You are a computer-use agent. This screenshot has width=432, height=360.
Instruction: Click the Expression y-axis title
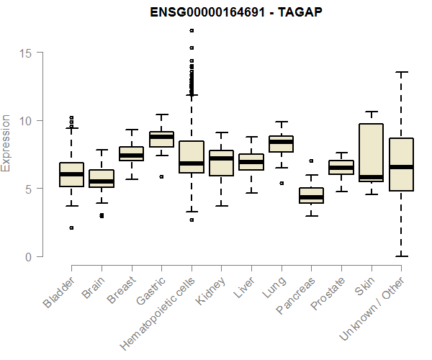[x=7, y=143]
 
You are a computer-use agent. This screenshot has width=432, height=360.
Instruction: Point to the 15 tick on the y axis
[x=27, y=53]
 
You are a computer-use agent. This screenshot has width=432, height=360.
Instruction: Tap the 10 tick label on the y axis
[x=27, y=120]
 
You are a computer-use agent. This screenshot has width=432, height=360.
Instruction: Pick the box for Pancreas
[x=311, y=196]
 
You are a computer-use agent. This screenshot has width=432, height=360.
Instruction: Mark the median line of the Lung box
[x=281, y=142]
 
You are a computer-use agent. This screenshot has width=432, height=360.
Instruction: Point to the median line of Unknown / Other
[x=401, y=167]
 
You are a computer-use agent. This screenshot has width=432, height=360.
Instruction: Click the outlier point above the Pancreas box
[x=311, y=161]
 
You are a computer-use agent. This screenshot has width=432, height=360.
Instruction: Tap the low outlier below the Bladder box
[x=71, y=228]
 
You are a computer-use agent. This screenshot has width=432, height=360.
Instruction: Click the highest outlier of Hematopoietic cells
[x=192, y=30]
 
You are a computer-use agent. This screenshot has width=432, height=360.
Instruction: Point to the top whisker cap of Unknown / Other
[x=401, y=72]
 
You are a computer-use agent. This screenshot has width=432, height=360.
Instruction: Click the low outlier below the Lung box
[x=281, y=183]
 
